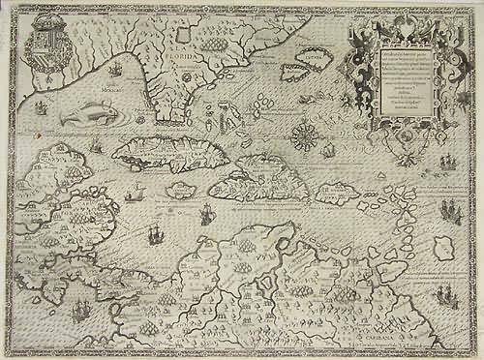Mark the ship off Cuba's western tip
(x=97, y=148)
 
